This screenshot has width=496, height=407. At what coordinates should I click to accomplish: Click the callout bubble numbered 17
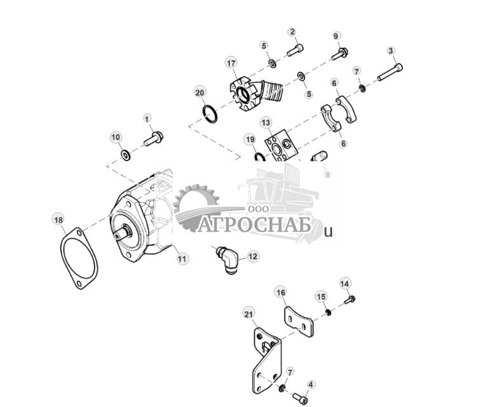[231, 63]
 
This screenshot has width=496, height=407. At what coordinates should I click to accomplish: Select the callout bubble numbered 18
[58, 220]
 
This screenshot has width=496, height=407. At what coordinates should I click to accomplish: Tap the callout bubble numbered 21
[248, 313]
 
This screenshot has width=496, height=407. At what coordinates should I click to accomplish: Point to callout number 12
[253, 257]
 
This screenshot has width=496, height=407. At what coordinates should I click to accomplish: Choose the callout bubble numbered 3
[391, 50]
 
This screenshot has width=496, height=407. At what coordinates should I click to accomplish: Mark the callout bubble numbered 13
[265, 122]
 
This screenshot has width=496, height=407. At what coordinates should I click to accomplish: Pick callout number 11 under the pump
[182, 258]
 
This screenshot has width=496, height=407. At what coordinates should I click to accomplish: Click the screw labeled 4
[300, 398]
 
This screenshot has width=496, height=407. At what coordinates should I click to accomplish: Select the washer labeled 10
[126, 154]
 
